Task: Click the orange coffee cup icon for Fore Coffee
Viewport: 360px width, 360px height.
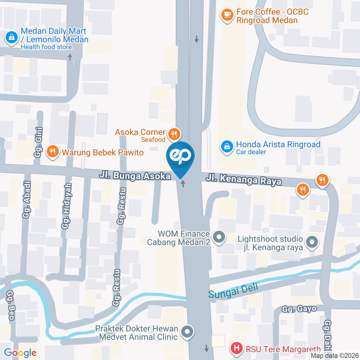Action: (x=226, y=15)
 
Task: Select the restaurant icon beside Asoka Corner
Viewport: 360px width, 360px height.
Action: (x=174, y=133)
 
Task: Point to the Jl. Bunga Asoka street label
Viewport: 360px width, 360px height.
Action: (x=135, y=175)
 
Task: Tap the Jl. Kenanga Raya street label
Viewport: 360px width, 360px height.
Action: (x=243, y=180)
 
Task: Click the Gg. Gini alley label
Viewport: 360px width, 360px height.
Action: (x=39, y=141)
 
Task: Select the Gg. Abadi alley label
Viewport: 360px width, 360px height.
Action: (x=27, y=199)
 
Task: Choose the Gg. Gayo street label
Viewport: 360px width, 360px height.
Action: (x=299, y=309)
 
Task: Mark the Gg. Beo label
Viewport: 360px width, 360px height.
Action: (x=10, y=306)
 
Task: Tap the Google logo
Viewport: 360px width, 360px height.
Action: (x=20, y=352)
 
